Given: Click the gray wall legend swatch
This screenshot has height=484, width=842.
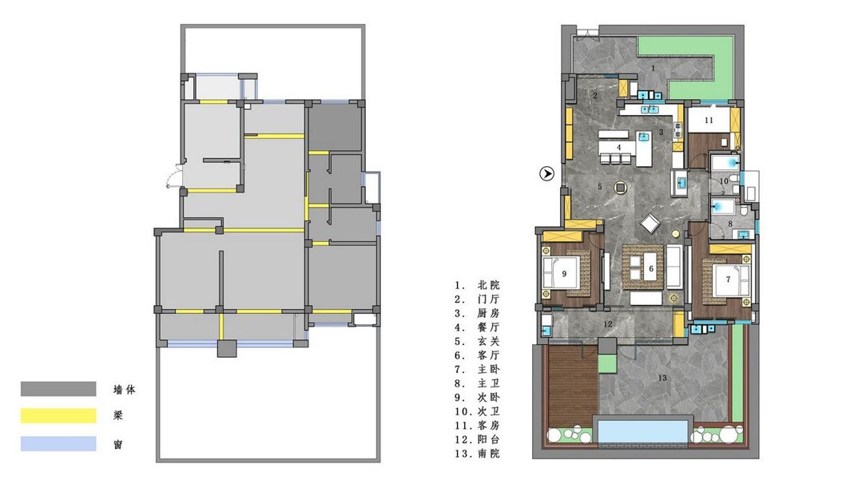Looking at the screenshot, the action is coord(58,388).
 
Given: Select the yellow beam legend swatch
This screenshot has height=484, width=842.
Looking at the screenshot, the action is coord(58,416).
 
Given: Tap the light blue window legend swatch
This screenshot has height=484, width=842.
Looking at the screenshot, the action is coord(58,444).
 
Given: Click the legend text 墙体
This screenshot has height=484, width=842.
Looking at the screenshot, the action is coord(124,390).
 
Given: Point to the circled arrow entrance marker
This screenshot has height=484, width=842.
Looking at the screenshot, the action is coord(546,173).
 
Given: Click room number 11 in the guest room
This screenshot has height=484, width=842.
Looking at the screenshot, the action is coord(709,120).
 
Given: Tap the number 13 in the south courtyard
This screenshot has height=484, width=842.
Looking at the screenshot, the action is coord(662,378).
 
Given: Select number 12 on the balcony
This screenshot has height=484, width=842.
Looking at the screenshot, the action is coord(608,324).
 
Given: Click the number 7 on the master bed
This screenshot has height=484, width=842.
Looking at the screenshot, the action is coord(728,279).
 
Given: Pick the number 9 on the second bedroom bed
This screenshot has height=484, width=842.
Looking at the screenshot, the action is coord(564,274).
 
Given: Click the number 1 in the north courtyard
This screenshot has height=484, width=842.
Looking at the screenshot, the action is coord(653,68).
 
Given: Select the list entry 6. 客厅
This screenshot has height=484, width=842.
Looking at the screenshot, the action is coord(478,355).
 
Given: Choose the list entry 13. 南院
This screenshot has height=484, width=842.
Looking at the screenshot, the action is coord(478,454).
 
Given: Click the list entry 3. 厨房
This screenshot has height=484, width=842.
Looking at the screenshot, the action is coord(478,313).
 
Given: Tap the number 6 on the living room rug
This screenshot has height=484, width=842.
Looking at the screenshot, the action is coord(651,268).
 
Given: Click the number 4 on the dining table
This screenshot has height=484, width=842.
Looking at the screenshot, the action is coord(618,147).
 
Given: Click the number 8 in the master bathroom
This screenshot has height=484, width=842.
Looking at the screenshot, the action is coord(730,224).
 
